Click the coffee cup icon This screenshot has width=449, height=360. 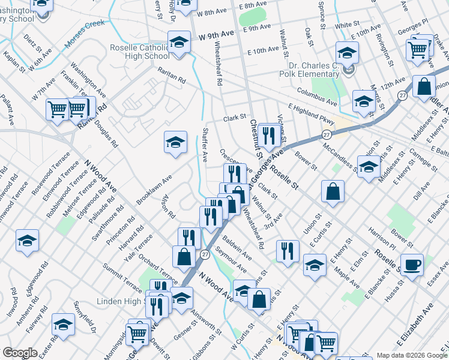[412, 265]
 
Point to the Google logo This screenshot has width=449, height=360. [20, 353]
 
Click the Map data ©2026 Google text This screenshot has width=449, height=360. [411, 355]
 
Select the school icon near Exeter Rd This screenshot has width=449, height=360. [63, 324]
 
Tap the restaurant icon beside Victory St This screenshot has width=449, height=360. [268, 136]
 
